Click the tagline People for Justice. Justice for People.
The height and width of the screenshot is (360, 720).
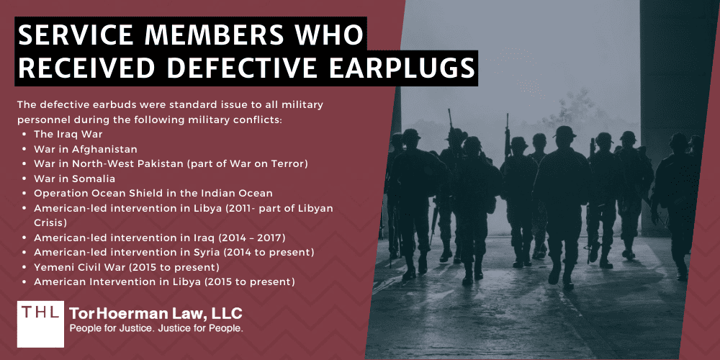click(x=156, y=328)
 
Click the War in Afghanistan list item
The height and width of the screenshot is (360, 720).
click(x=85, y=149)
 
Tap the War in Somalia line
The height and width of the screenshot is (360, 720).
click(x=73, y=179)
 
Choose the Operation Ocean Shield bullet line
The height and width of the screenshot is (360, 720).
click(x=153, y=193)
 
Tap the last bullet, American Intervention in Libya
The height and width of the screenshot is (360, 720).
click(x=164, y=282)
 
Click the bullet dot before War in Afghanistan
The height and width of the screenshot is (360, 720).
click(x=27, y=150)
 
